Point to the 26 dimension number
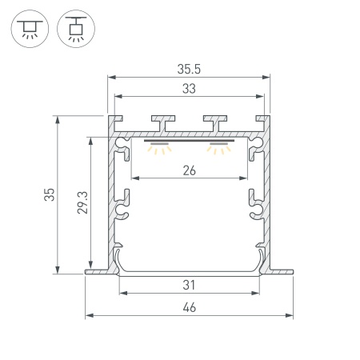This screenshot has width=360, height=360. [x=190, y=169]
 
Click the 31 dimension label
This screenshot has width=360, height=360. [x=190, y=285]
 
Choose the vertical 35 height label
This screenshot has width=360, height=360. [x=50, y=194]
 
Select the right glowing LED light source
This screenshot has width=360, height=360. [x=217, y=147]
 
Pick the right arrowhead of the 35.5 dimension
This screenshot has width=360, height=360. [x=267, y=78]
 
